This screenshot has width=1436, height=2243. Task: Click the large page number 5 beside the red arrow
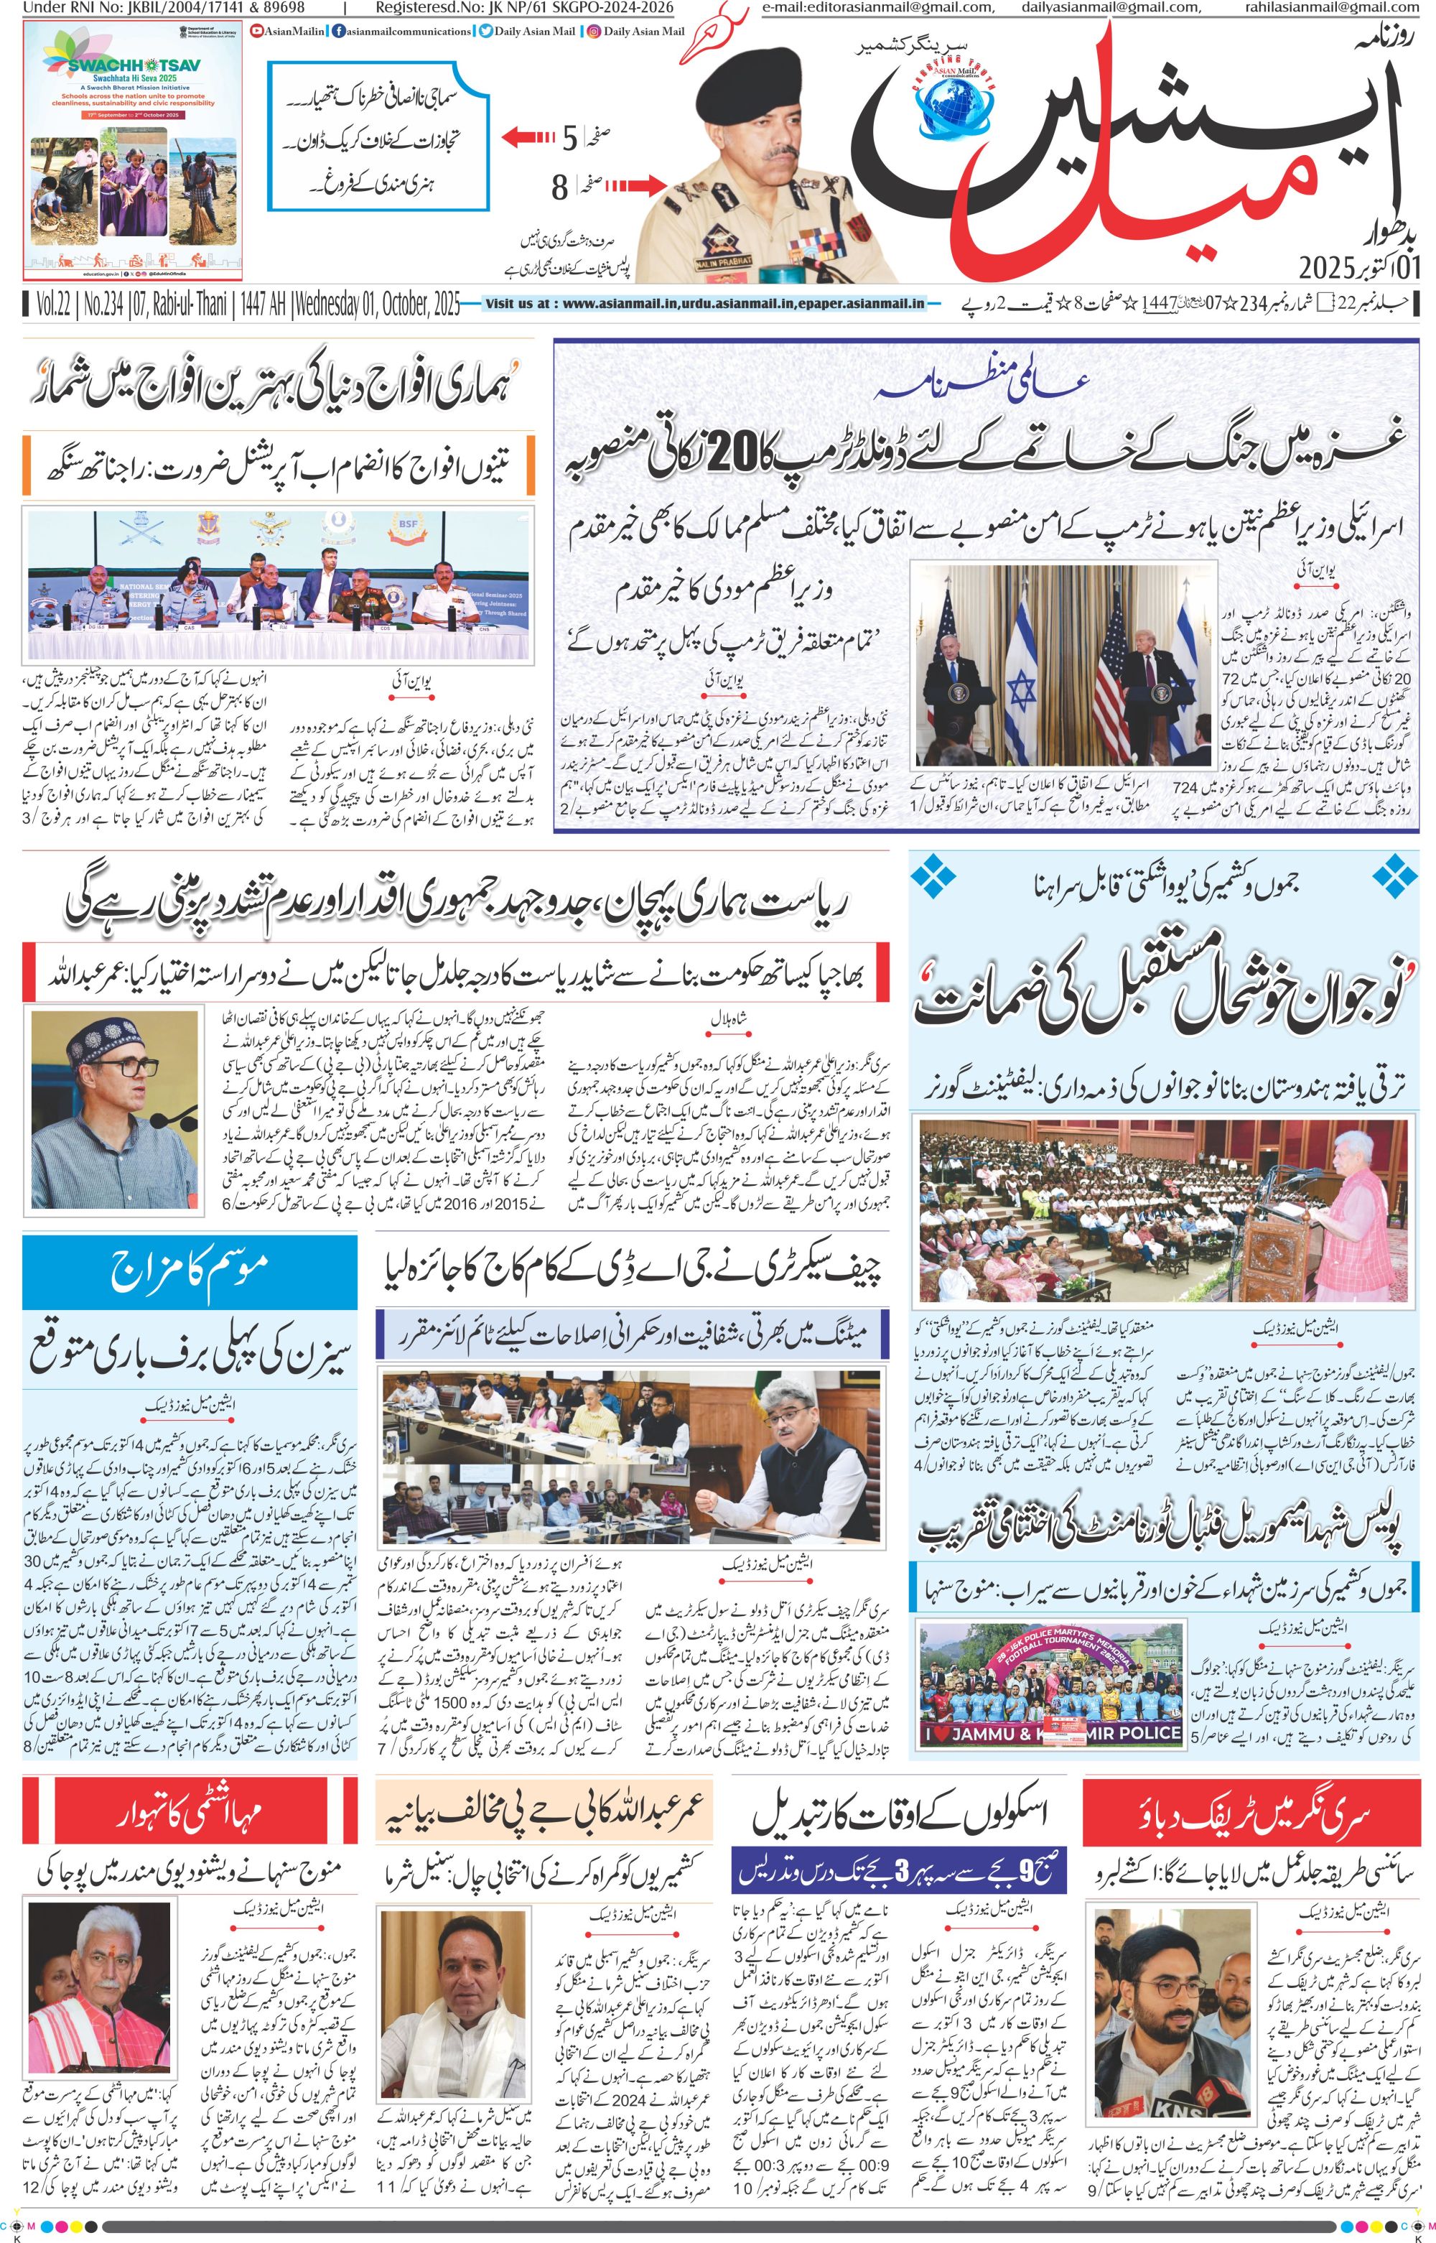point(569,140)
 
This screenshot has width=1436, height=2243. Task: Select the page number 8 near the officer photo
point(559,188)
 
